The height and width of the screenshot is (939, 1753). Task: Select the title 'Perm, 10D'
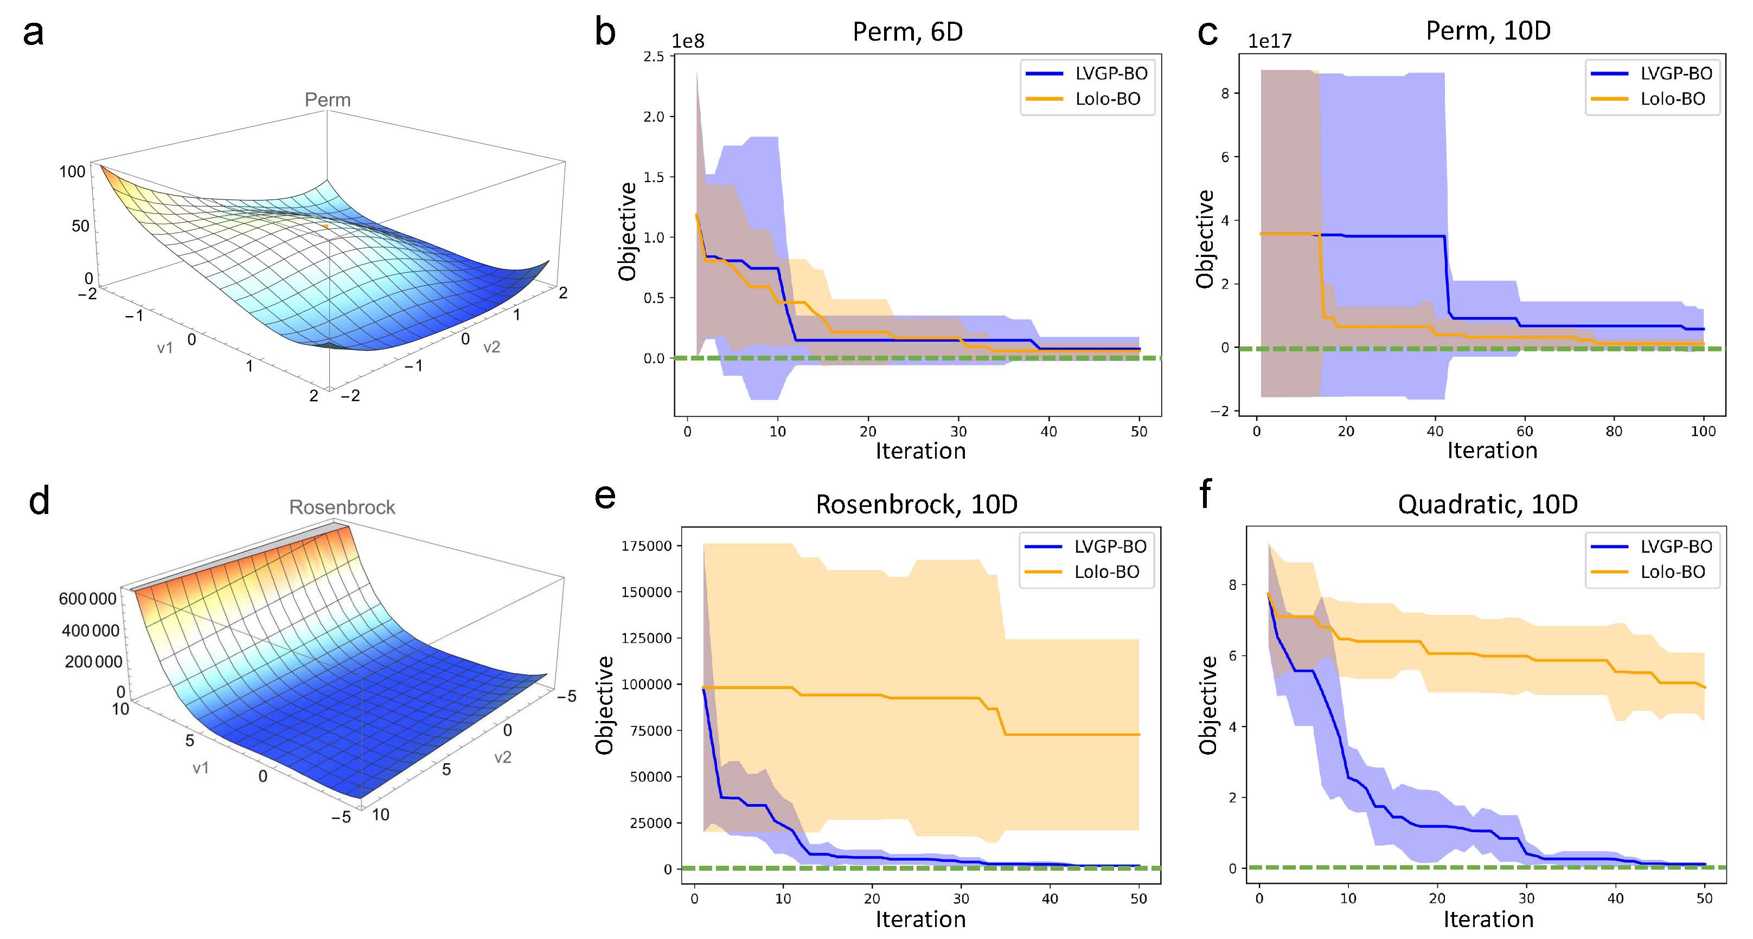[1488, 30]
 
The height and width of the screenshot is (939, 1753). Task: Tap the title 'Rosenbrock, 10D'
[916, 504]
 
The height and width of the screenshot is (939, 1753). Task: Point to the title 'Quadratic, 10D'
[1488, 504]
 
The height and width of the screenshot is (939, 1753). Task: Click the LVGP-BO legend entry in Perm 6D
[1111, 74]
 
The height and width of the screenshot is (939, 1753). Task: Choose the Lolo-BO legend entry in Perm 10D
[1672, 99]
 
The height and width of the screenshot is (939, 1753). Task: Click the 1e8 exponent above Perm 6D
[687, 42]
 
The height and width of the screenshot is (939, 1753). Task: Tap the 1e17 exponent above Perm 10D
[1269, 42]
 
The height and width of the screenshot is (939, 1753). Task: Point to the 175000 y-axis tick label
[646, 546]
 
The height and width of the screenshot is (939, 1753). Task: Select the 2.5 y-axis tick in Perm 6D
[654, 56]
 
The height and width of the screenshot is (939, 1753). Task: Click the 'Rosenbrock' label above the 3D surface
[342, 507]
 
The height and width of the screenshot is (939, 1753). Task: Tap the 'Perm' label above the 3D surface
[327, 100]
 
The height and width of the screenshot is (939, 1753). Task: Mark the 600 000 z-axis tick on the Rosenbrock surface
[87, 599]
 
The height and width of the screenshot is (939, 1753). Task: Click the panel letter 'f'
[1205, 493]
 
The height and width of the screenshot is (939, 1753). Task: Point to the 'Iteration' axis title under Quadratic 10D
[1488, 919]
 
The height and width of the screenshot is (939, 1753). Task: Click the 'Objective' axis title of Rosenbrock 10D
[604, 705]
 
